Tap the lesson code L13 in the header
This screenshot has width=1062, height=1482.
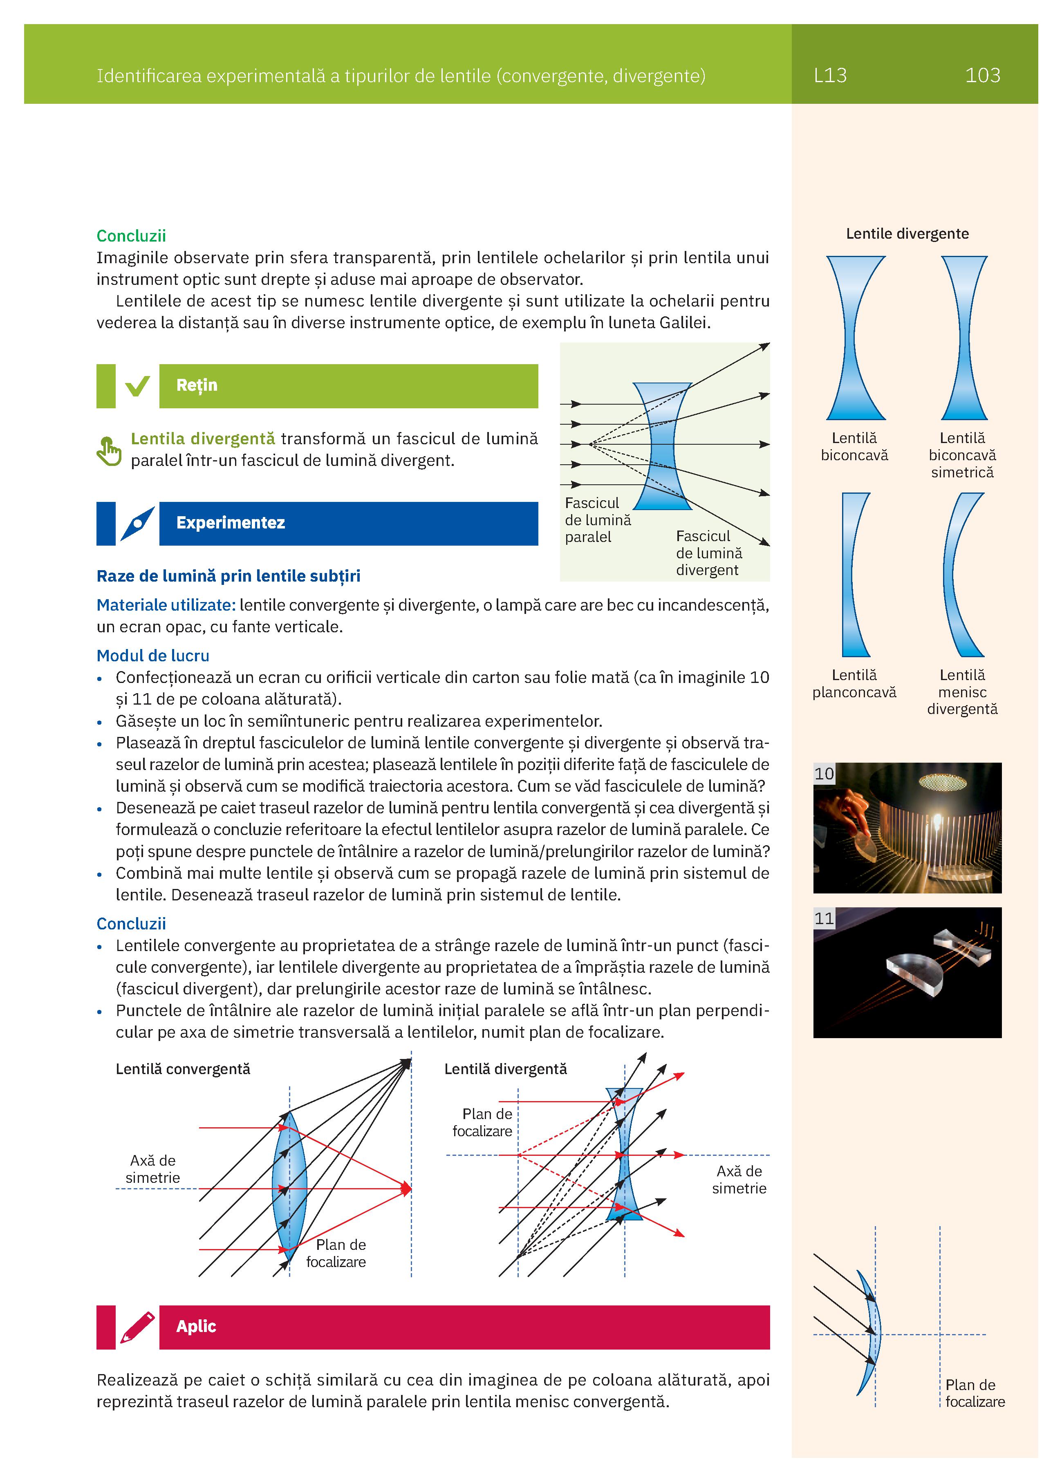(830, 76)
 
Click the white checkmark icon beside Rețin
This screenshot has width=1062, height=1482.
(137, 386)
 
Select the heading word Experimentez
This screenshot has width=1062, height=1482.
(230, 523)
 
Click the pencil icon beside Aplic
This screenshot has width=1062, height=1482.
(137, 1327)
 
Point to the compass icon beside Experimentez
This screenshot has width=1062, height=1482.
(137, 524)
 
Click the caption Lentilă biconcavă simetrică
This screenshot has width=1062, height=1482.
(962, 455)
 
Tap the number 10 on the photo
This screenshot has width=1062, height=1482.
(823, 774)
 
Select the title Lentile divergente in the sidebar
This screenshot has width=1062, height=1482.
(907, 234)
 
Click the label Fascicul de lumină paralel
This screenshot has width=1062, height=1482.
(597, 520)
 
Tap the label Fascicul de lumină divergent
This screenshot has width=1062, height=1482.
(708, 553)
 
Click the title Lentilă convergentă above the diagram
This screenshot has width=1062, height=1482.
(183, 1069)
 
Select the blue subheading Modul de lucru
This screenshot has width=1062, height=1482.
(153, 656)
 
